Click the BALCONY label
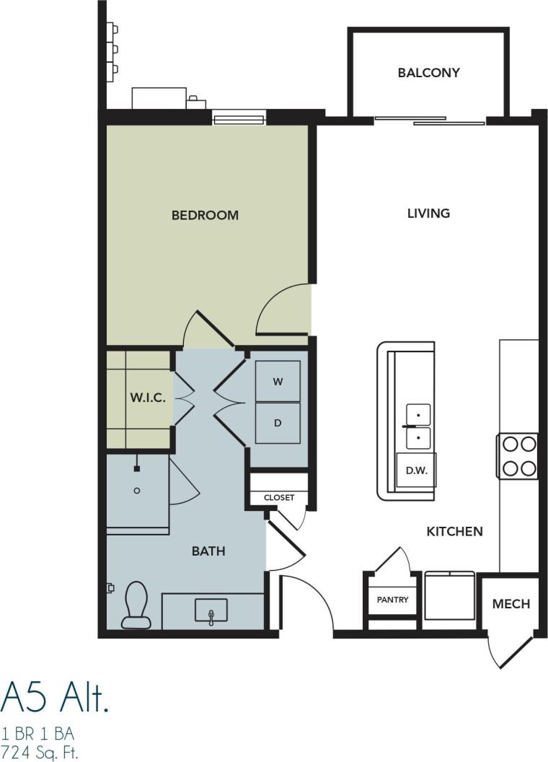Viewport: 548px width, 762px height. click(x=428, y=73)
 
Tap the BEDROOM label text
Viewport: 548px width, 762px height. click(x=205, y=215)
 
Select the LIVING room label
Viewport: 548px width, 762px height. click(x=428, y=213)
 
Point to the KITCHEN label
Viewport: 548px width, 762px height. click(x=454, y=532)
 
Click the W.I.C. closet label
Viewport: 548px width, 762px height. click(x=148, y=398)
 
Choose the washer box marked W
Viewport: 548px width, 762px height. click(x=278, y=382)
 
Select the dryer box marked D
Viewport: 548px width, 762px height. click(x=278, y=424)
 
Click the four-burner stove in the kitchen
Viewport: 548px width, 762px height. click(x=518, y=456)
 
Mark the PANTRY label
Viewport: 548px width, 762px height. click(x=392, y=600)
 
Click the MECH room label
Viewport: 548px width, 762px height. click(x=511, y=604)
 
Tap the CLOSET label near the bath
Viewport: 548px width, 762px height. click(x=278, y=498)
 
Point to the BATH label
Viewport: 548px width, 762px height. click(x=208, y=551)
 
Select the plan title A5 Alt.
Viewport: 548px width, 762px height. click(x=55, y=696)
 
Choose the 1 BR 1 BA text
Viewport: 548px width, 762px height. click(x=37, y=734)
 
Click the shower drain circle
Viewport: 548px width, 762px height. click(x=137, y=491)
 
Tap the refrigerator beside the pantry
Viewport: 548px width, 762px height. click(x=449, y=596)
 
